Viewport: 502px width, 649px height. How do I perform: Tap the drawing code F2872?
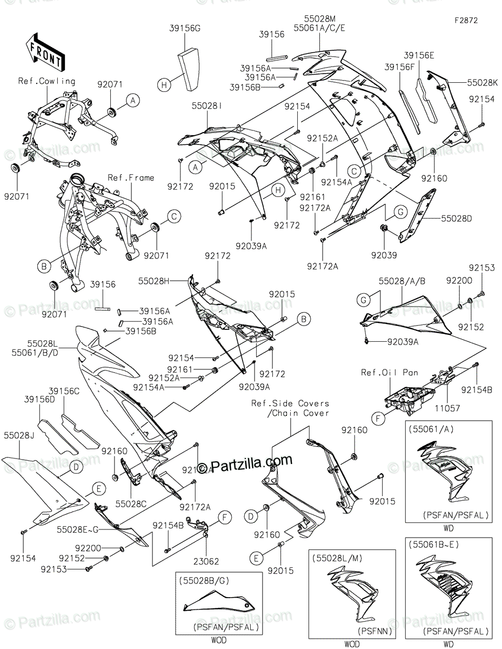466,20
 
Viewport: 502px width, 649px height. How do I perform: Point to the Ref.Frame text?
131,177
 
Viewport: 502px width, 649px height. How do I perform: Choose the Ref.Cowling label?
47,81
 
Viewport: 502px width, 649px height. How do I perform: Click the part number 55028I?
205,108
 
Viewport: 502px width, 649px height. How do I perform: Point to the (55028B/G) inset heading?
204,580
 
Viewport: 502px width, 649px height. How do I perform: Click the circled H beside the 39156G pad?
164,84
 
